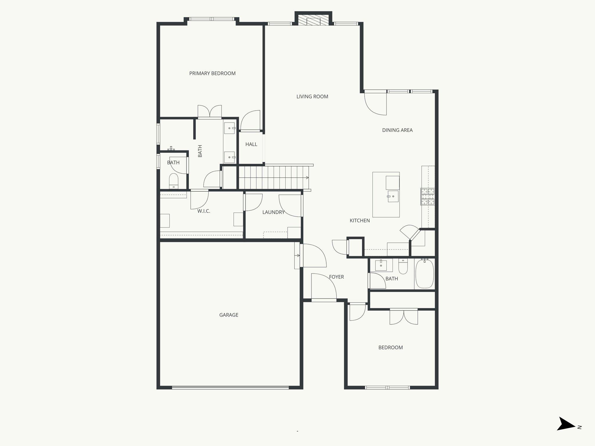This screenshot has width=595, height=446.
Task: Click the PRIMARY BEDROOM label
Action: [x=212, y=73]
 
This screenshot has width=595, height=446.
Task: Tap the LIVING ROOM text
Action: [x=312, y=97]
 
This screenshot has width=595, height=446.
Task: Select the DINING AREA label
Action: [x=397, y=130]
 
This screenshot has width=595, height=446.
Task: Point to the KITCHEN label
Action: [x=360, y=221]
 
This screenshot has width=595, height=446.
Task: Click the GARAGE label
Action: [x=229, y=315]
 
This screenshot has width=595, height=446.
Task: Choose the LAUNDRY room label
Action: [x=273, y=213]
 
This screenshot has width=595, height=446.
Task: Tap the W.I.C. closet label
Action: [x=204, y=211]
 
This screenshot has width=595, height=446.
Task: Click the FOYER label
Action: [x=336, y=277]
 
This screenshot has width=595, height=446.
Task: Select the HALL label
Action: [x=251, y=144]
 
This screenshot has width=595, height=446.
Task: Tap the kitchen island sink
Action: [x=393, y=196]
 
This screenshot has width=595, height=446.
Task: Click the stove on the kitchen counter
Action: [x=428, y=197]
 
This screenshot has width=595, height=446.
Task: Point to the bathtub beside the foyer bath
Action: [x=425, y=274]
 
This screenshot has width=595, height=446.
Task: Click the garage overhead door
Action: [x=230, y=387]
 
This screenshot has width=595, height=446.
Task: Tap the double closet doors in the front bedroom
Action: [x=404, y=316]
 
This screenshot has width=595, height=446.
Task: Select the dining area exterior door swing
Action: [x=376, y=103]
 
